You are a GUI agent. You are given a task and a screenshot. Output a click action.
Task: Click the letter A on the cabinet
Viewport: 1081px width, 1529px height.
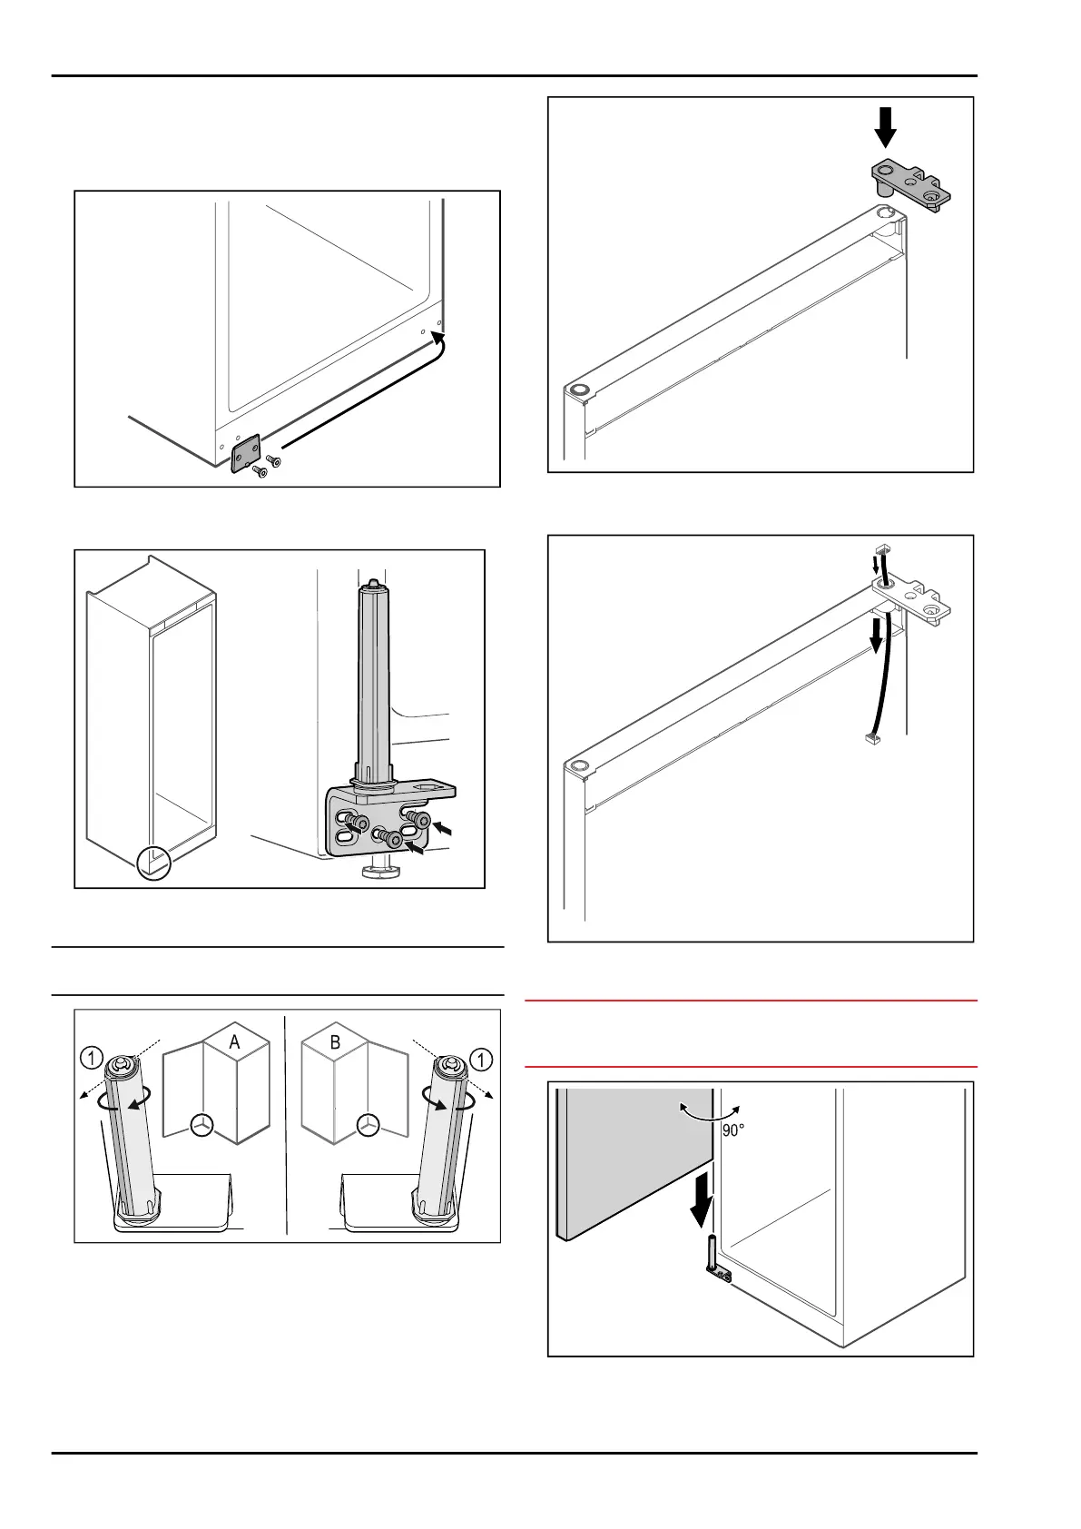pos(234,1042)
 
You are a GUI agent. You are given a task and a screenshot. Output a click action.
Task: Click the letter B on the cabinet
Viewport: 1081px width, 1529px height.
pos(335,1042)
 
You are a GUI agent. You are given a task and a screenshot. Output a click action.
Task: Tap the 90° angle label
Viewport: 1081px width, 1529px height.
pos(733,1130)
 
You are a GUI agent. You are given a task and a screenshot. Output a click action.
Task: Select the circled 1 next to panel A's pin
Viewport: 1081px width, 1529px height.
pos(92,1058)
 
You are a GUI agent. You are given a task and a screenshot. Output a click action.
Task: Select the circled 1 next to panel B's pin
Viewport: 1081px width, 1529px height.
pos(481,1059)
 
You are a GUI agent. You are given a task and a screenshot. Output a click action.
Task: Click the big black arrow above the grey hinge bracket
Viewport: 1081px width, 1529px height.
pos(885,127)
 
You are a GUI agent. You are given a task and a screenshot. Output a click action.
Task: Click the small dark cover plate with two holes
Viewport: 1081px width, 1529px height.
pos(245,452)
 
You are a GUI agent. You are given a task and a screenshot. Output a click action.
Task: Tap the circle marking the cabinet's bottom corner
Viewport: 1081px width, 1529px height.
pos(154,863)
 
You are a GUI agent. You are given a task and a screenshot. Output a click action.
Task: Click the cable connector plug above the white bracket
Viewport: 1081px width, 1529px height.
pos(880,550)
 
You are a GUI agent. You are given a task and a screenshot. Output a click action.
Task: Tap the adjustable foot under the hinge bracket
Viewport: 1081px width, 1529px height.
pos(374,873)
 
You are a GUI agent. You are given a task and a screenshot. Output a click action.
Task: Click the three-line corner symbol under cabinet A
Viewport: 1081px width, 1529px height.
pos(202,1124)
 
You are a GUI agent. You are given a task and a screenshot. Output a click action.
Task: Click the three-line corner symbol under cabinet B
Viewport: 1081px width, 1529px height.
pos(368,1124)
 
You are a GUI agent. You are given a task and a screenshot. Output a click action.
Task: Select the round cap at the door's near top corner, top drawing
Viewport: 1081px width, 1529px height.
pos(577,390)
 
